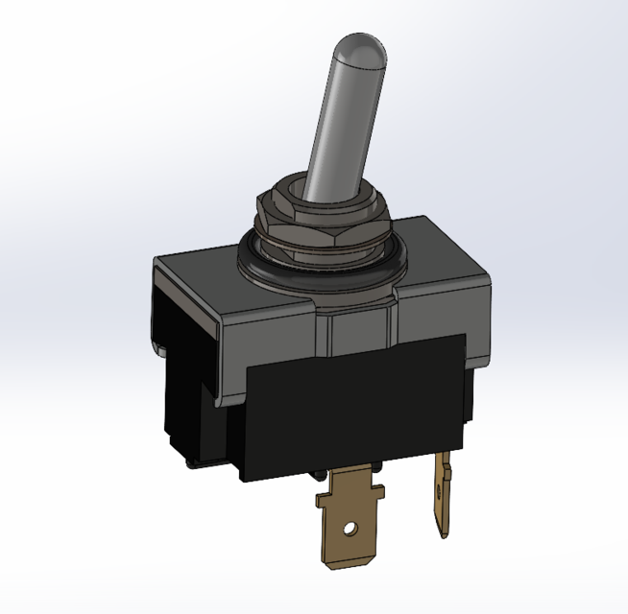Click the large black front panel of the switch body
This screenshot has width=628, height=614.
(x=355, y=403)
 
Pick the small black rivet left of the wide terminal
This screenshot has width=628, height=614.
(x=318, y=477)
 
